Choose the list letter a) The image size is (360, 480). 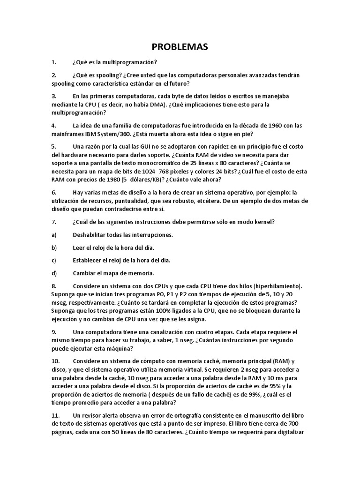pyautogui.click(x=54, y=234)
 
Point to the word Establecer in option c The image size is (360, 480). pyautogui.click(x=89, y=260)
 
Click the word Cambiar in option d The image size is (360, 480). pyautogui.click(x=85, y=273)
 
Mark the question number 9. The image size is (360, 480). pyautogui.click(x=54, y=332)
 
